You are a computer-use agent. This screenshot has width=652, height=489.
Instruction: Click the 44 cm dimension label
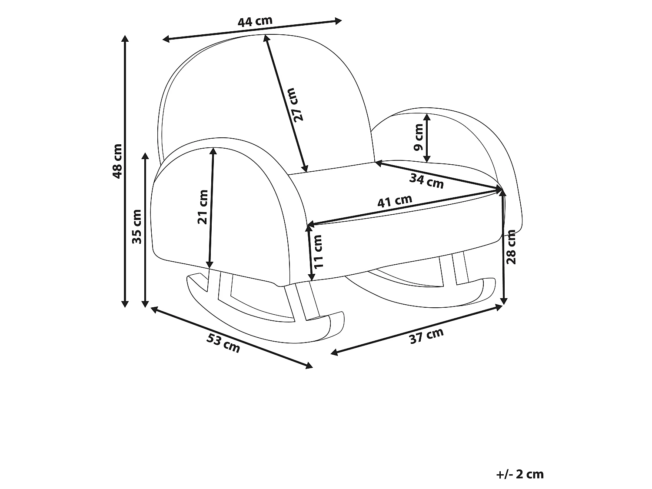[x=255, y=21]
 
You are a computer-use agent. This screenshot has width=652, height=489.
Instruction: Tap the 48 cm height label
[x=117, y=161]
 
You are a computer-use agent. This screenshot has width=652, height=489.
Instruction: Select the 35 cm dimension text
[x=136, y=226]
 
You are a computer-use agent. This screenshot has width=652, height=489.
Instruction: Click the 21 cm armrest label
[x=203, y=207]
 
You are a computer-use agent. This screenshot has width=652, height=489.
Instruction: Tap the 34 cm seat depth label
[x=426, y=181]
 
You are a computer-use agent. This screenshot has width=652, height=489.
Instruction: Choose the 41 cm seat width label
[x=395, y=201]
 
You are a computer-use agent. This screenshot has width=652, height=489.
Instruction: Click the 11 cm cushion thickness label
[x=318, y=252]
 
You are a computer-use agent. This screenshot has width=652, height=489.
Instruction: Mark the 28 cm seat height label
[x=511, y=247]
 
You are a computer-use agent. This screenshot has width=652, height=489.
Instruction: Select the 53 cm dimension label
[x=223, y=343]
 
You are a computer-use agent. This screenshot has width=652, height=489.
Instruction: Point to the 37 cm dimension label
[x=426, y=336]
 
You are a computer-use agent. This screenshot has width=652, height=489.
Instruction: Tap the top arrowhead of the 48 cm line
[x=125, y=39]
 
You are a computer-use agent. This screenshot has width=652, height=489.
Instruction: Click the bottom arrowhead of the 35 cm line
[x=145, y=304]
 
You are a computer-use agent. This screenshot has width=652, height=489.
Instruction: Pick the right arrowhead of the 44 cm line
[x=338, y=21]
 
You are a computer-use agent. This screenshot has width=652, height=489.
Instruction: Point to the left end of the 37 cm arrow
[x=334, y=353]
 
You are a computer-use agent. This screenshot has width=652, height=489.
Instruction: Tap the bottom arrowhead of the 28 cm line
[x=504, y=301]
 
